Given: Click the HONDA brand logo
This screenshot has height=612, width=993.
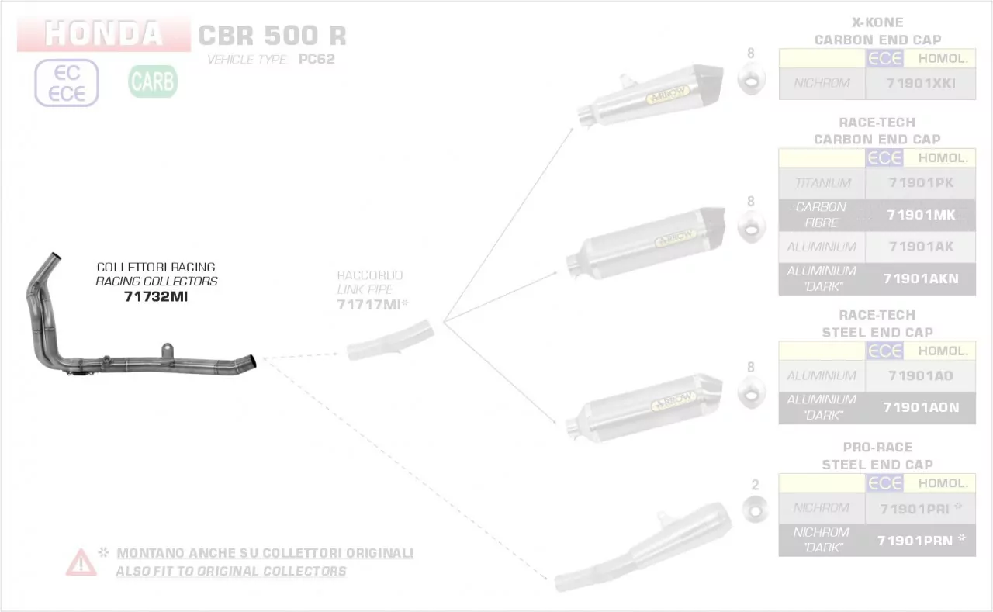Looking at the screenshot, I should tap(103, 34).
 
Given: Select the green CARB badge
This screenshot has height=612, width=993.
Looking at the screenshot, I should tap(153, 81).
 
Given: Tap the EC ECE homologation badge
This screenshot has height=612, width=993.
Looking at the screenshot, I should tap(67, 83).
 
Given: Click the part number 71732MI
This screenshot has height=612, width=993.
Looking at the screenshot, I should tap(155, 296).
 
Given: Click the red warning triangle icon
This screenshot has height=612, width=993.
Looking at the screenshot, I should tap(81, 562).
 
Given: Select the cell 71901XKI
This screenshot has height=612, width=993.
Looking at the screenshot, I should tap(920, 83).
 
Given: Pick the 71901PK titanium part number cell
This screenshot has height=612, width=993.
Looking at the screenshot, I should tap(920, 183).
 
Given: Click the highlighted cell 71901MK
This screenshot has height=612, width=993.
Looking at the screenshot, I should tap(920, 215).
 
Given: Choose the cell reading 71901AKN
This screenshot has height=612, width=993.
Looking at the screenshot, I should tap(920, 278).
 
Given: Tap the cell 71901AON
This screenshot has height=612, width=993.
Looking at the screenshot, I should tap(920, 407).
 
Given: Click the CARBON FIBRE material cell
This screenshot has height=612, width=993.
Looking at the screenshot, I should tap(822, 215).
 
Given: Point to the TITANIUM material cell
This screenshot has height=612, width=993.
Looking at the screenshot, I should tap(822, 183).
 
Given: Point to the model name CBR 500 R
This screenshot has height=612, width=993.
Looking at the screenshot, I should tap(272, 36).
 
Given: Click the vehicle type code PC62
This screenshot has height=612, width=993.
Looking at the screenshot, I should tap(317, 60).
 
